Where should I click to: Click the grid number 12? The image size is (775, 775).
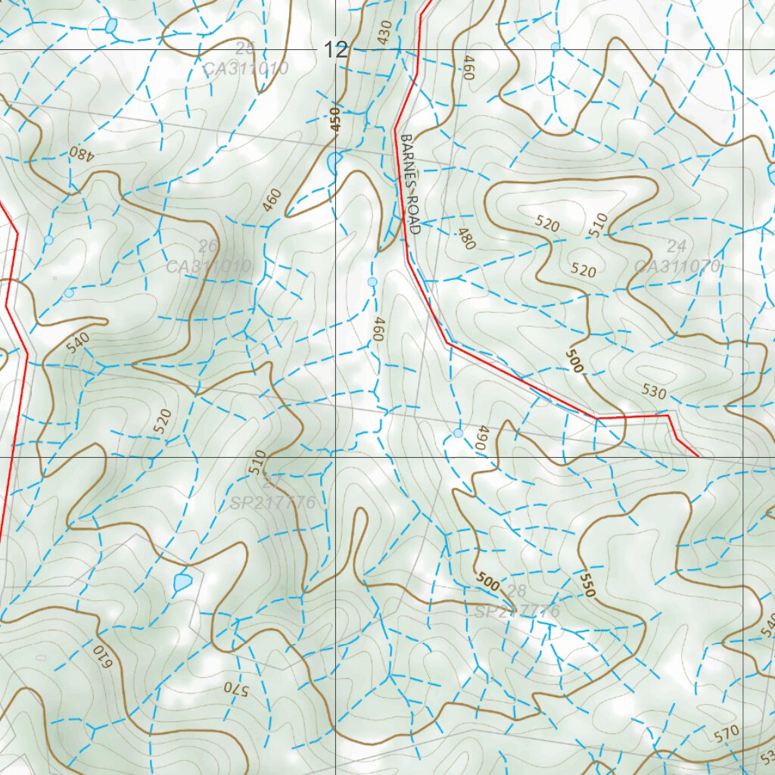coord(336,51)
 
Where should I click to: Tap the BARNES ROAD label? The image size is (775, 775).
coord(409,185)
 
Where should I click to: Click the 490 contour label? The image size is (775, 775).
coord(479,439)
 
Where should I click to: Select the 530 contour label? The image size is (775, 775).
coord(654,392)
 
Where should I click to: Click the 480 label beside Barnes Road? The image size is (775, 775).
coord(466,239)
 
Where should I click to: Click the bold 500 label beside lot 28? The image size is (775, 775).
coord(488,581)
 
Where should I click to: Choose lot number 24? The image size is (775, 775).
coord(677,245)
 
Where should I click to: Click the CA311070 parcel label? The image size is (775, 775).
coord(677,266)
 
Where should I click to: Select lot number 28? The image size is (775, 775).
coord(518,591)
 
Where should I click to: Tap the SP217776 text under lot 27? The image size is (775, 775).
coord(273,503)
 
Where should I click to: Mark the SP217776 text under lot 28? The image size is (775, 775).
coord(518,611)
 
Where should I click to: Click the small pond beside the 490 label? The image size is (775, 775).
coord(458,433)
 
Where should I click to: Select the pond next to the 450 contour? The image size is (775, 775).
coord(333,162)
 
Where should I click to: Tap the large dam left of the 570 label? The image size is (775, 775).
coord(182,582)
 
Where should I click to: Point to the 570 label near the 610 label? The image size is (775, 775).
coord(235,689)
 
